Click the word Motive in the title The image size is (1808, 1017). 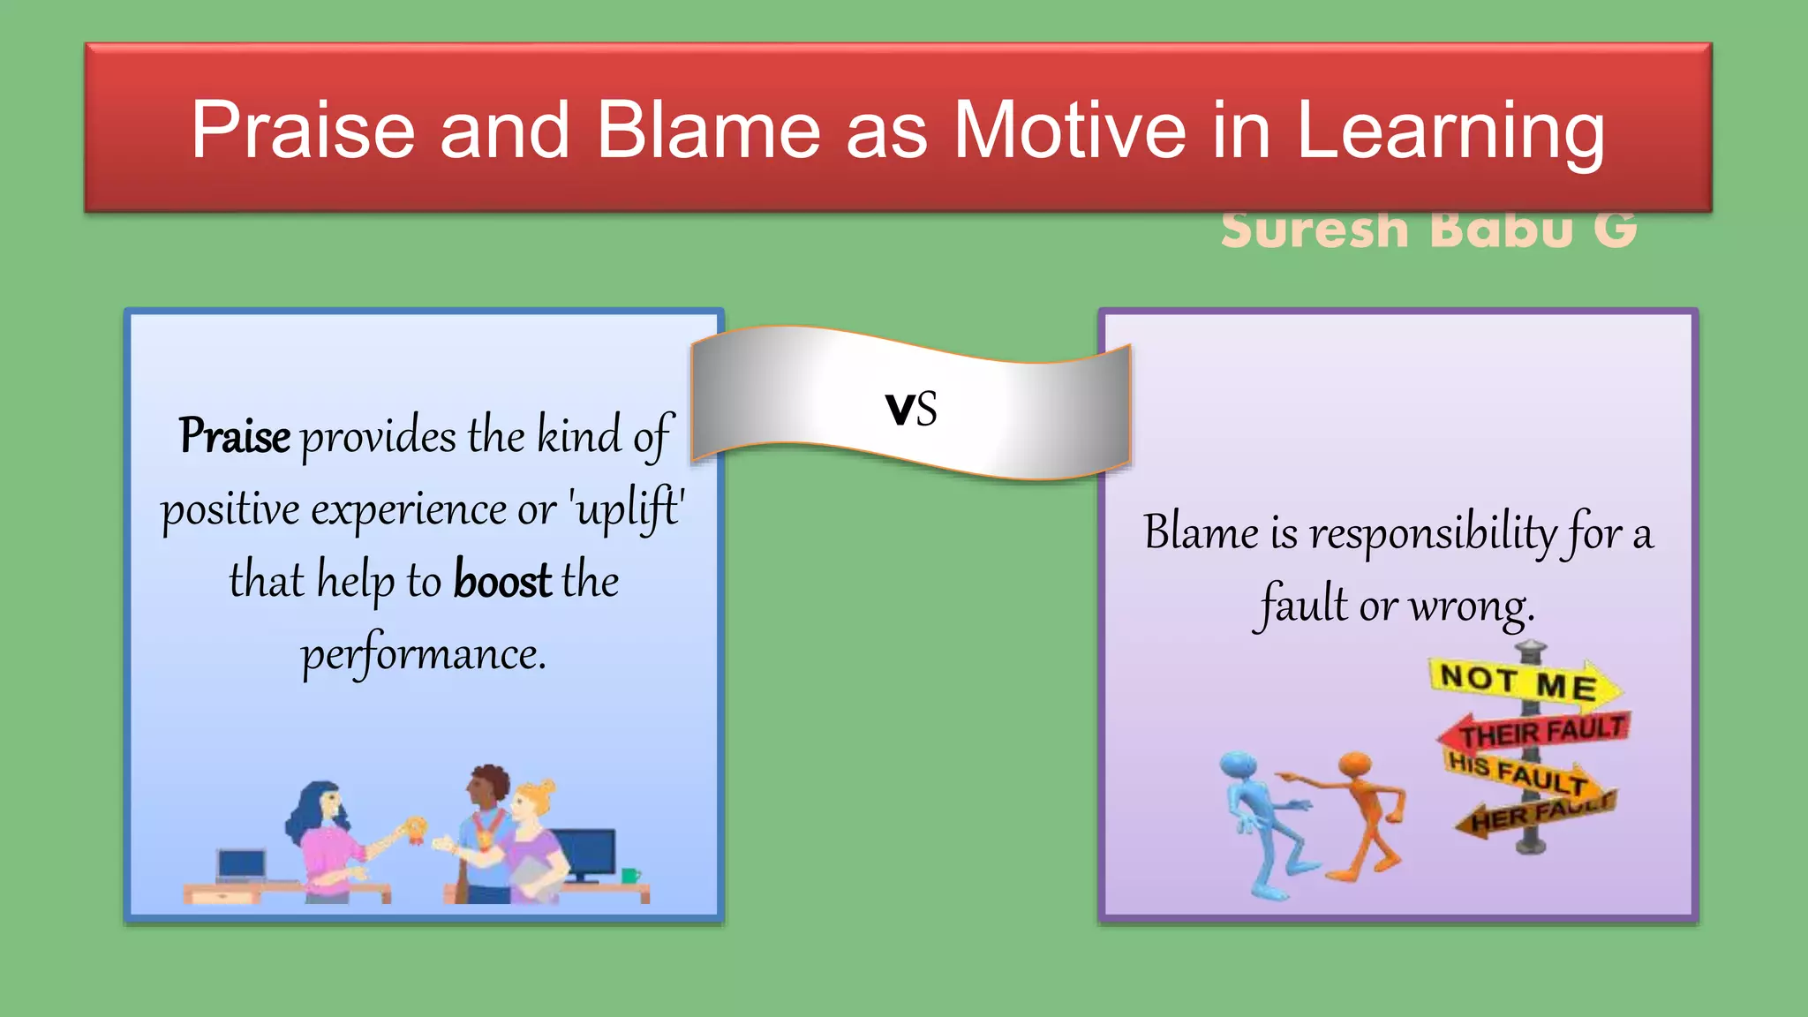(1069, 131)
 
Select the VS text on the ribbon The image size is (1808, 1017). (911, 410)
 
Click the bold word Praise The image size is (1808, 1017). (235, 435)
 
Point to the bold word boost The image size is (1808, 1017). (502, 581)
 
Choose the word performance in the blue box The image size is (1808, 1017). (424, 654)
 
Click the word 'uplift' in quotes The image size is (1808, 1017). (628, 508)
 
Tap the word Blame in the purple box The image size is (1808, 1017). (1201, 532)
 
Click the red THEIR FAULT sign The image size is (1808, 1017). (1536, 730)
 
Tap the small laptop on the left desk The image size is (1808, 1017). (241, 866)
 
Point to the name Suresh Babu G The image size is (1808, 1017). (1428, 230)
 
